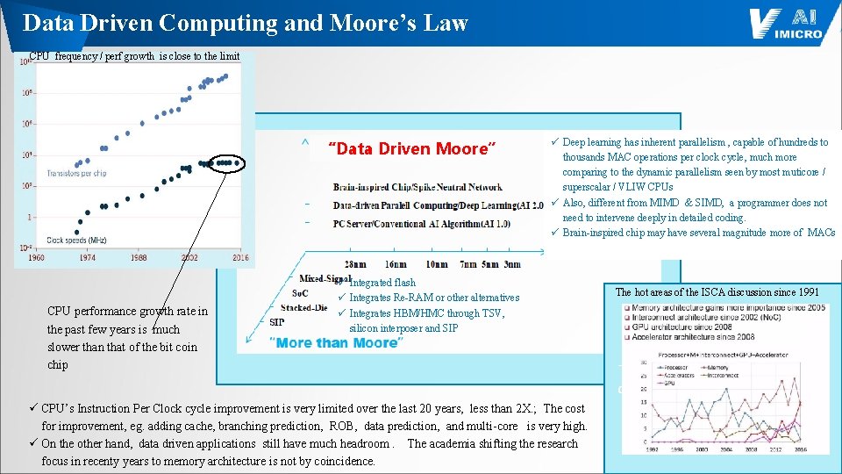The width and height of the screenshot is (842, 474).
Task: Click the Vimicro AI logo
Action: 786,23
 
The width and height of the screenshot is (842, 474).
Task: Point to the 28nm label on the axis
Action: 355,264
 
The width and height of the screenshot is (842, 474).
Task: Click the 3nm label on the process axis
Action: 511,264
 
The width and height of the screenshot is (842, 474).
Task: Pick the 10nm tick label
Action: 436,264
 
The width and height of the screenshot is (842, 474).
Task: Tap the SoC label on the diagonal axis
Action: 300,293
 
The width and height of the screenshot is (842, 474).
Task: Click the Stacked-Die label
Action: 303,308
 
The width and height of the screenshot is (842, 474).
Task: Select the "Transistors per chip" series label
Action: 76,174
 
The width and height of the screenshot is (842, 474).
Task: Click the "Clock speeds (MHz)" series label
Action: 76,240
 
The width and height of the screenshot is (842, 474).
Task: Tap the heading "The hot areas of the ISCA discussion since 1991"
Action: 717,292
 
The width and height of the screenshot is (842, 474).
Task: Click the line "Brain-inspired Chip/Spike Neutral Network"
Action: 417,187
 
